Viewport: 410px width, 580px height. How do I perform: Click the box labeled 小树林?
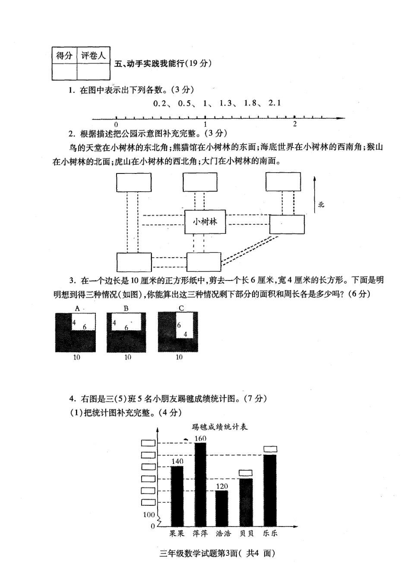coord(205,222)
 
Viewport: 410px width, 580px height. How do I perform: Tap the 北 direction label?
coord(321,204)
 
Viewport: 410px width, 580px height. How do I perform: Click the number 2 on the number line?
coord(295,124)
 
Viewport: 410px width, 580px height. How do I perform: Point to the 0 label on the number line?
coord(117,124)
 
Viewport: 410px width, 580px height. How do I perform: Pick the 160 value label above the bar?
coord(201,438)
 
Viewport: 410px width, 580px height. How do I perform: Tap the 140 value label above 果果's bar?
coord(177,461)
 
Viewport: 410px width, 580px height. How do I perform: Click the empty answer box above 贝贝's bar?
coord(246,473)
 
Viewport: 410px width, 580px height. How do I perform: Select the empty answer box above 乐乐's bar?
coord(270,449)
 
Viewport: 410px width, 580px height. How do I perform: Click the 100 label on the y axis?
coord(148,514)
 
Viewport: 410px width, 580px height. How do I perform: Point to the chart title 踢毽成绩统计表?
coord(220,427)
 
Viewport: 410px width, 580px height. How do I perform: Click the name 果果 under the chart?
coord(177,534)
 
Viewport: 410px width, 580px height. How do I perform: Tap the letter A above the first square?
coord(77,308)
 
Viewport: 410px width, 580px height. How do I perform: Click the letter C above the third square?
coord(181,308)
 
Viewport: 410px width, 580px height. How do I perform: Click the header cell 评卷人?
coord(93,56)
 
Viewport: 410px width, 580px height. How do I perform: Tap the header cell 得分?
coord(64,56)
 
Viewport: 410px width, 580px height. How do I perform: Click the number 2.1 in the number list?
coord(274,103)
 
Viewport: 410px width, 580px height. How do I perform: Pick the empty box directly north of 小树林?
coord(200,182)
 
